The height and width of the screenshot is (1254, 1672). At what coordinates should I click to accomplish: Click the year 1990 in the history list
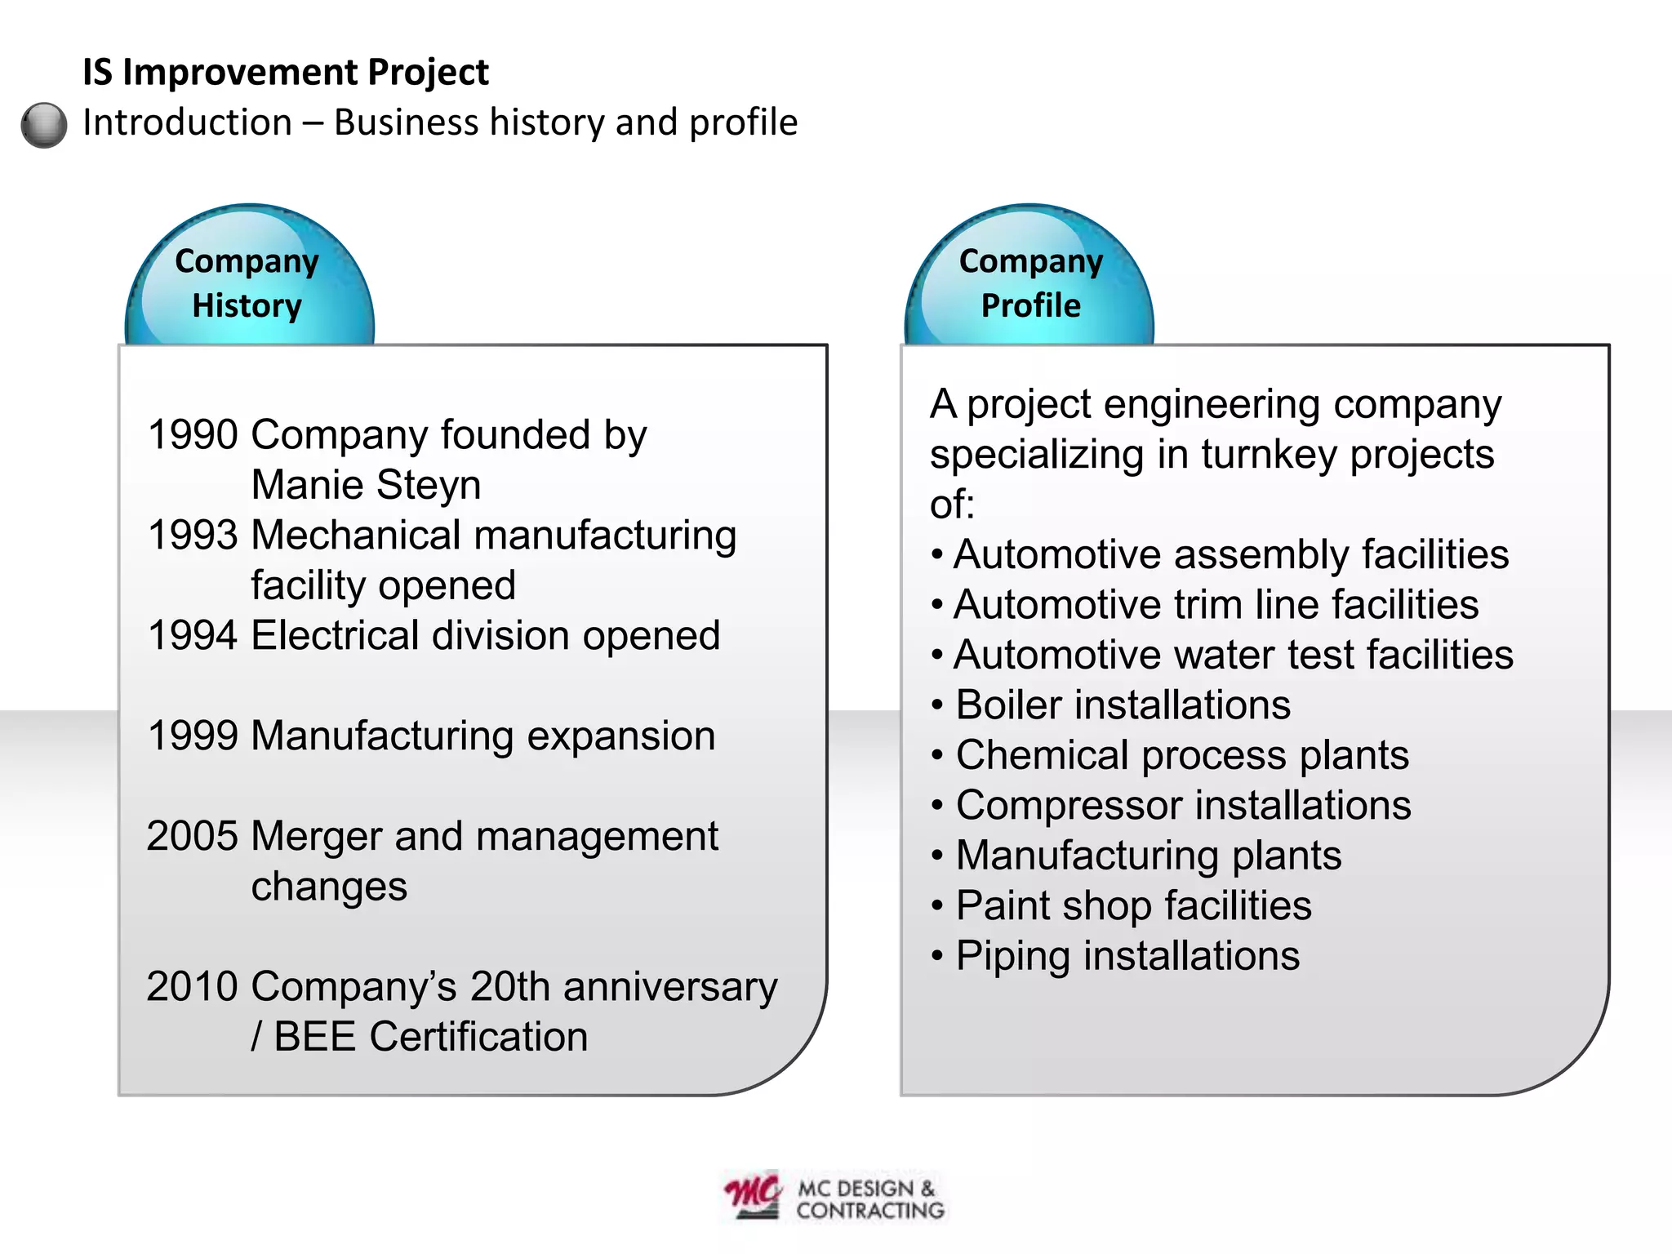[193, 435]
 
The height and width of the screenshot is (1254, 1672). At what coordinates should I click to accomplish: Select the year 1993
[193, 536]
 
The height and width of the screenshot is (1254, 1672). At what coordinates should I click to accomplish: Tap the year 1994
[193, 636]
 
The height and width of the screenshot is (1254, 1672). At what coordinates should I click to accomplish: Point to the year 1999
[193, 736]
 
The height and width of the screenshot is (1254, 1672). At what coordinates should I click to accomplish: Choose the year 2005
[193, 837]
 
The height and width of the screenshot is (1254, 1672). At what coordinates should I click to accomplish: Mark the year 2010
[193, 987]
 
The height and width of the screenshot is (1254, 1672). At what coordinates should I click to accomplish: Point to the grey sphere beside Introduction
[44, 125]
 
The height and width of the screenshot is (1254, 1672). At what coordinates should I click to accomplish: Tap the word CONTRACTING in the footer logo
[870, 1211]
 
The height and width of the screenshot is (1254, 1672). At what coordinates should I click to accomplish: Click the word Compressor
[1068, 806]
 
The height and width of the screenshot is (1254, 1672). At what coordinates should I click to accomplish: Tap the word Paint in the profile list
[1002, 906]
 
